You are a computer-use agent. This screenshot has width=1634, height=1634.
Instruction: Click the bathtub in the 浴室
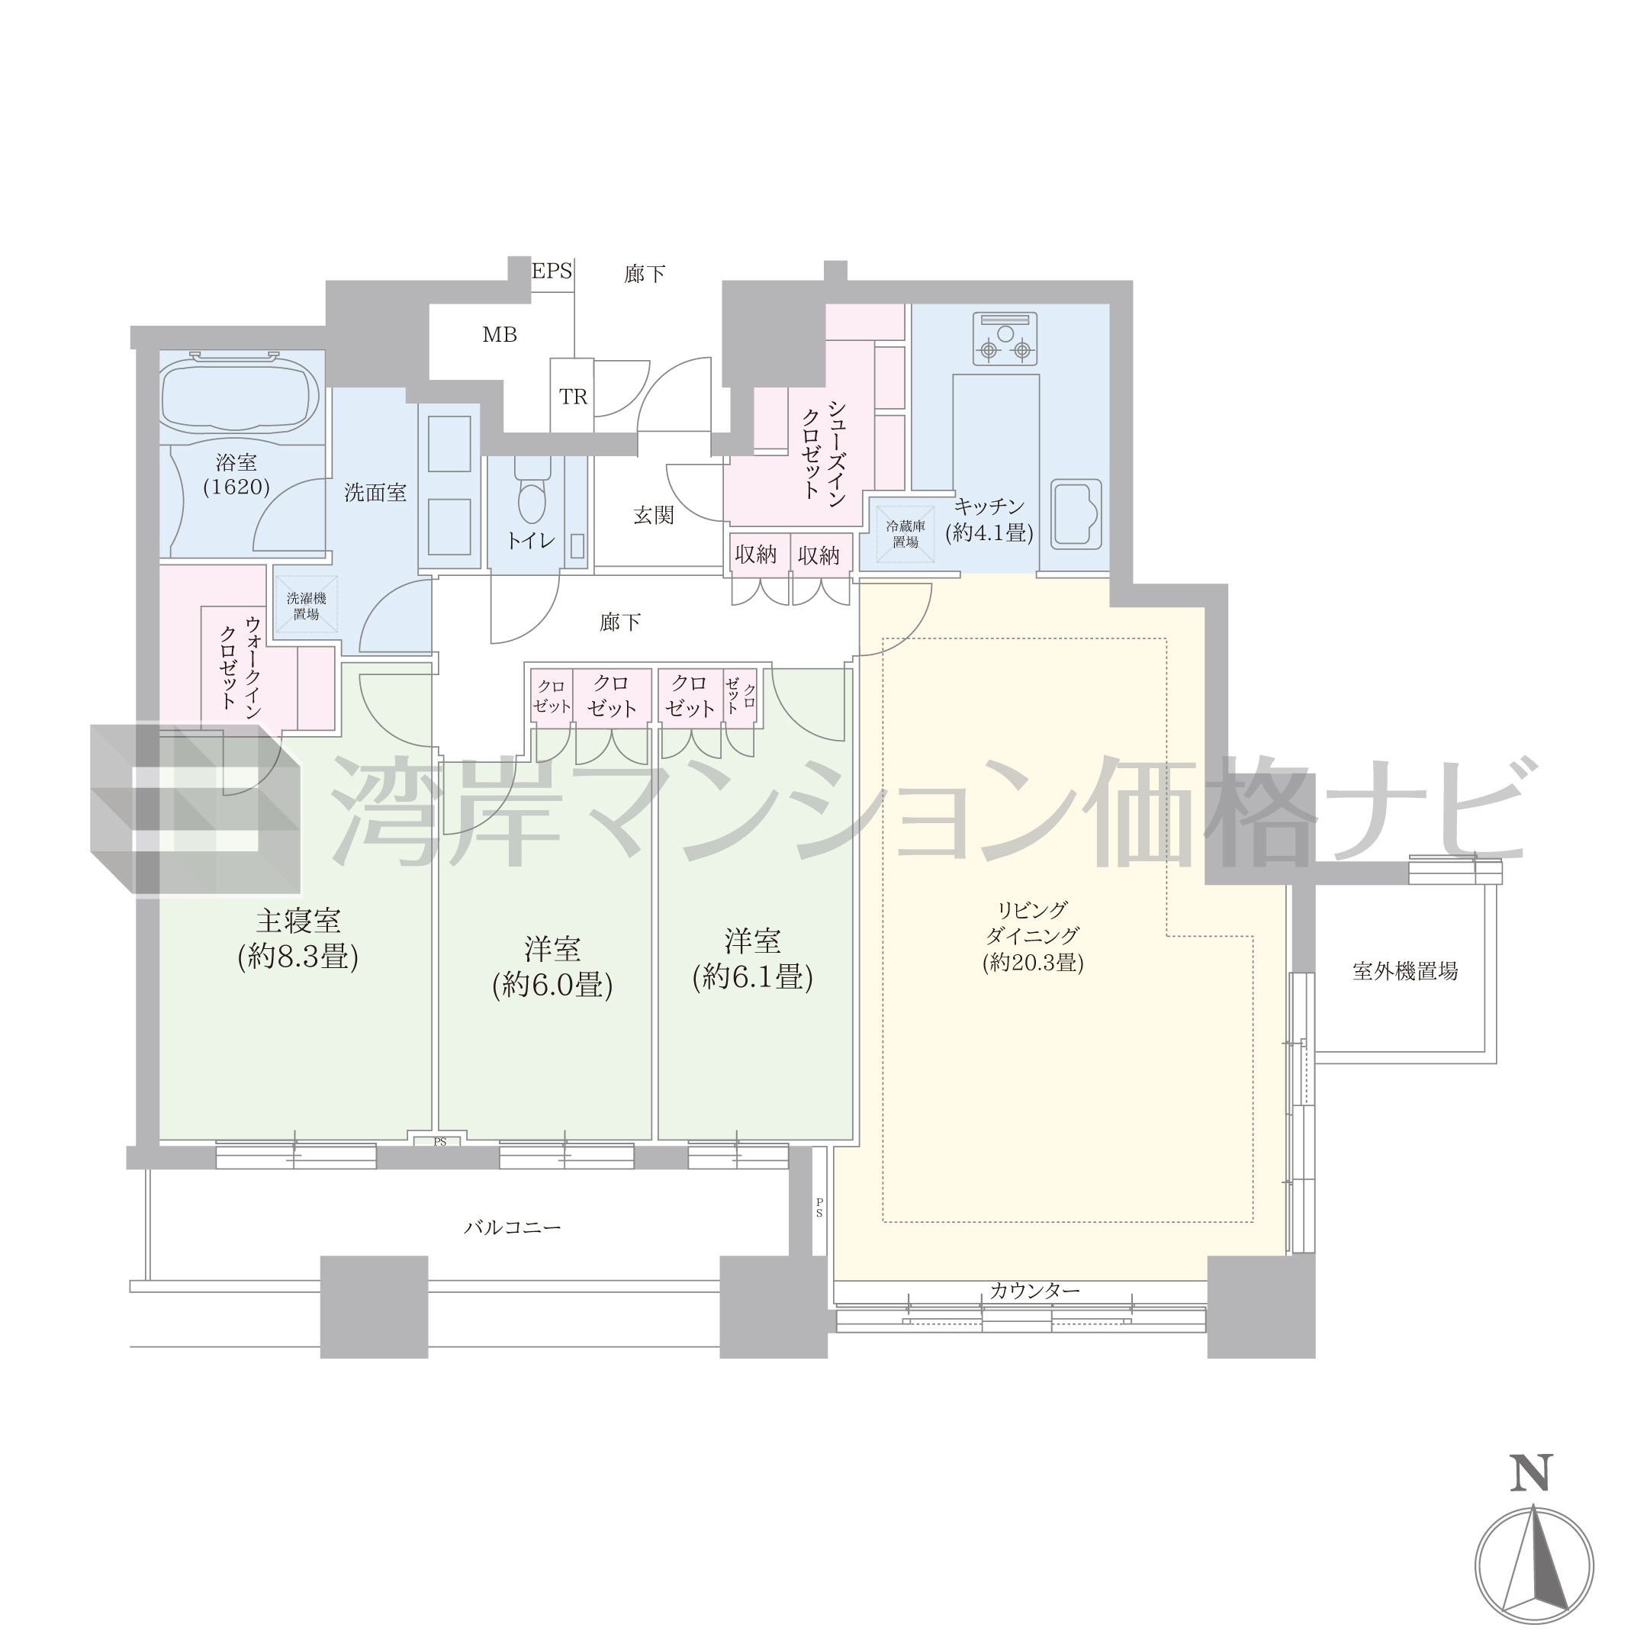[240, 397]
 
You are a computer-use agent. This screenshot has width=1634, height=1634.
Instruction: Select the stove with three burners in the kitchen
[1005, 339]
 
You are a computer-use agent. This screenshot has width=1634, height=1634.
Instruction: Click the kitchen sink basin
[1076, 512]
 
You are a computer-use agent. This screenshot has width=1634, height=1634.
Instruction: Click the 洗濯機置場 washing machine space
[306, 606]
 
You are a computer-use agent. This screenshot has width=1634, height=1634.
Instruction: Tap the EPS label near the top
[552, 272]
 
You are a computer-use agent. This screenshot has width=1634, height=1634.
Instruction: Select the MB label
[500, 335]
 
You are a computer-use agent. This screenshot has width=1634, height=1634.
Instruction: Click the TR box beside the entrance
[573, 396]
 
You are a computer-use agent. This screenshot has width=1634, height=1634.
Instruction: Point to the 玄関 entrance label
[654, 515]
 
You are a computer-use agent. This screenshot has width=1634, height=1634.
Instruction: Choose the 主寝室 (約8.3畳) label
[298, 939]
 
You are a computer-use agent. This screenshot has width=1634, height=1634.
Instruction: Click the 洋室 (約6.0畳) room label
[552, 967]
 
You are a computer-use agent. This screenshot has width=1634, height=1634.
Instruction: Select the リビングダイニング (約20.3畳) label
[1033, 937]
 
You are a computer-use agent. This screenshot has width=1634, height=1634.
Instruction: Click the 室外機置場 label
[1405, 972]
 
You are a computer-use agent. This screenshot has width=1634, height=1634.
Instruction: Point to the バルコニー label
[513, 1228]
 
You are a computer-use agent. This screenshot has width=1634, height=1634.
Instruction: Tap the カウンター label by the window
[1035, 1291]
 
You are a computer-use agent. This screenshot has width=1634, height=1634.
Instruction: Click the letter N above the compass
[1532, 1494]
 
